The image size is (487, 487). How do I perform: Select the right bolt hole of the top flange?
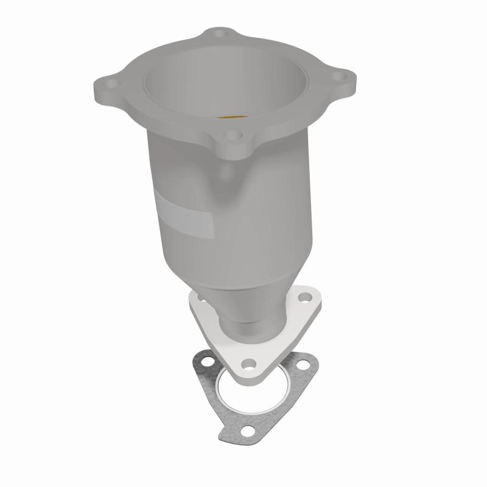coord(343,77)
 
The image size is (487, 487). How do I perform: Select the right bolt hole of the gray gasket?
coord(304,365)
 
